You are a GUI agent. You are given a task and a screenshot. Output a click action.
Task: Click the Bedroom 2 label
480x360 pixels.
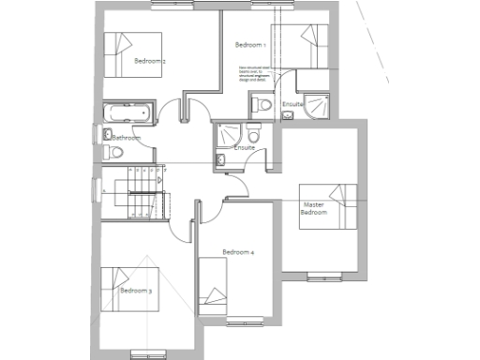coord(150,62)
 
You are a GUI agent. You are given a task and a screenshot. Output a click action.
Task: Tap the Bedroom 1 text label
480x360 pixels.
coord(250,45)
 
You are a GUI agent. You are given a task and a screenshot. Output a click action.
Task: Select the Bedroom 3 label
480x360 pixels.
coord(136,291)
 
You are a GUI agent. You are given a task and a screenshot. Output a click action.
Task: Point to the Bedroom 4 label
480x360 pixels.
coord(238,252)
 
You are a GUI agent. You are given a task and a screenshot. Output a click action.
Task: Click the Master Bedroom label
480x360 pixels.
coord(313,208)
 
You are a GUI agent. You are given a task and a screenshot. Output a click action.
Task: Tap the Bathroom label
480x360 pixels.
coord(126,138)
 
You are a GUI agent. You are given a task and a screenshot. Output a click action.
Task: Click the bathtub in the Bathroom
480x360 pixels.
coord(126,112)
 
